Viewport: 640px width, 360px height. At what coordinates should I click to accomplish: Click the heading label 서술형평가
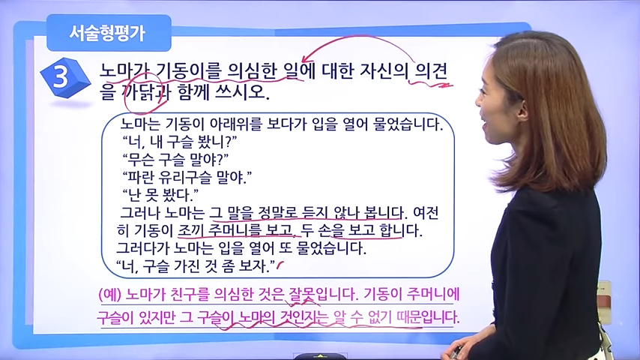107,33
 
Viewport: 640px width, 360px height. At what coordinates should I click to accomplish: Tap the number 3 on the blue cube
61,76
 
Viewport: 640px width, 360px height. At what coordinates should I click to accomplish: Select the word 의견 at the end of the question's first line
431,70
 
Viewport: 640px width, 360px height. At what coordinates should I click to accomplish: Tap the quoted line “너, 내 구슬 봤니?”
179,142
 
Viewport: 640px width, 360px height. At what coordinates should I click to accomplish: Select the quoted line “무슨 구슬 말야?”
175,159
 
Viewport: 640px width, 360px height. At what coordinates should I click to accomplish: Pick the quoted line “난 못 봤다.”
160,195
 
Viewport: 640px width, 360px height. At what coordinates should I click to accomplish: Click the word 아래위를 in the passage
235,124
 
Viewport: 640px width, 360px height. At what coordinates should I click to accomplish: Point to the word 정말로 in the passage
277,213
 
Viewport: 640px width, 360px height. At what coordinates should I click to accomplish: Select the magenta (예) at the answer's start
110,295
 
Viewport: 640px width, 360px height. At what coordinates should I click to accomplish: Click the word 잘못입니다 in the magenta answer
323,295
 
